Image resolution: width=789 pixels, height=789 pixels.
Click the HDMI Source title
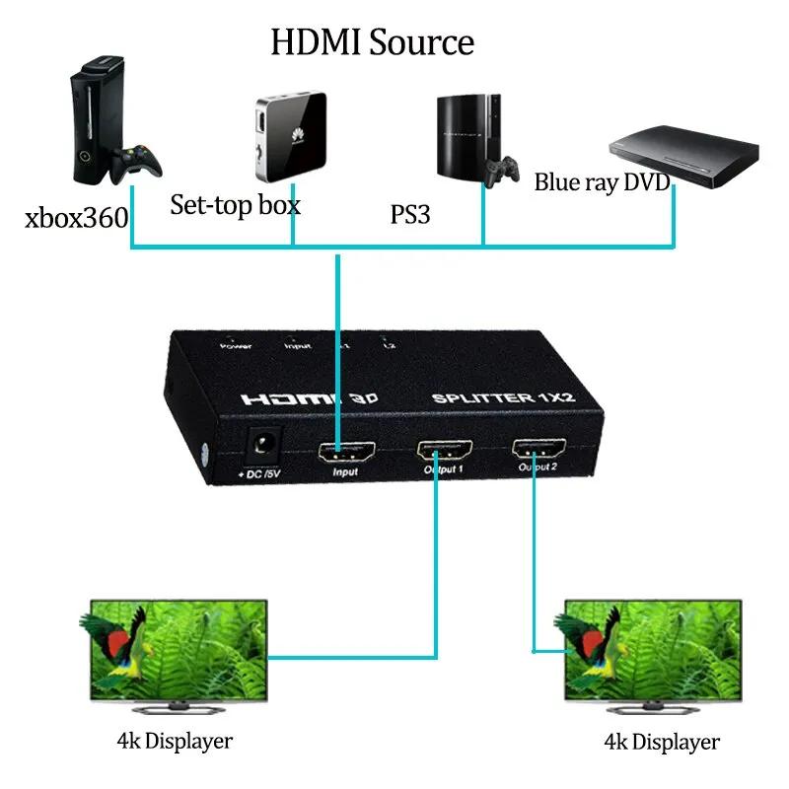pyautogui.click(x=373, y=41)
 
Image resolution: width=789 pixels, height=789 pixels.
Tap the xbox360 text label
pyautogui.click(x=76, y=217)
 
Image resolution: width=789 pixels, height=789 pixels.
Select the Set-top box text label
pyautogui.click(x=235, y=205)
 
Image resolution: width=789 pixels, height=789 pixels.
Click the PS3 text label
pyautogui.click(x=410, y=213)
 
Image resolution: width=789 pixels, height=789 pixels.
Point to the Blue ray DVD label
pyautogui.click(x=602, y=182)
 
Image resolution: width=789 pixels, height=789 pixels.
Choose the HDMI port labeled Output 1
pyautogui.click(x=444, y=451)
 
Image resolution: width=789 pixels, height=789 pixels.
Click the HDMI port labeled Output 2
pyautogui.click(x=538, y=449)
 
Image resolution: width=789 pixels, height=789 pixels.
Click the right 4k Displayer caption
pyautogui.click(x=661, y=742)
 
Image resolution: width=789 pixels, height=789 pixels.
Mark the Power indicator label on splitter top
pyautogui.click(x=236, y=345)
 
